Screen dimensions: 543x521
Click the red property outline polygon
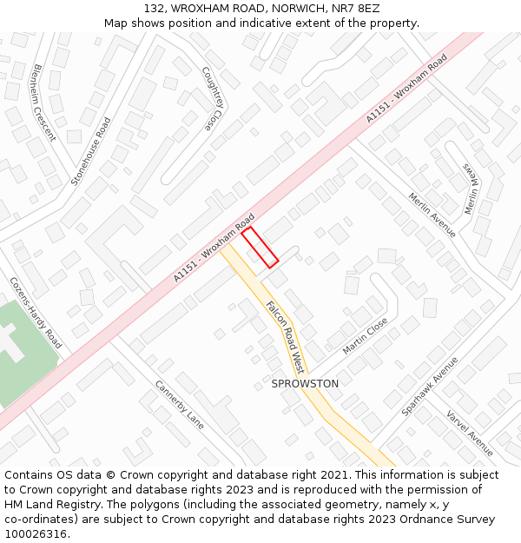(260, 248)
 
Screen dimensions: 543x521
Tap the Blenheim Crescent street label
(43, 102)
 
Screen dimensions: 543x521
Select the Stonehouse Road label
(91, 151)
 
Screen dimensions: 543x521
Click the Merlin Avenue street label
(432, 215)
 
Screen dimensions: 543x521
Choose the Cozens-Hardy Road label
(36, 313)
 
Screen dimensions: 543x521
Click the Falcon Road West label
(284, 332)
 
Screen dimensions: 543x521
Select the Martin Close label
(365, 335)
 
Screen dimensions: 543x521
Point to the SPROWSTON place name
(305, 383)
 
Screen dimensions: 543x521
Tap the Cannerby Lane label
(180, 405)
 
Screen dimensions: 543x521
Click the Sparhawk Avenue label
(429, 385)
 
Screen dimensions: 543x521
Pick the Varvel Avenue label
(470, 433)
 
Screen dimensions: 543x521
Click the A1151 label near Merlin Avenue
(406, 88)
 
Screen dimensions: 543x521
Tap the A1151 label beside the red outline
(214, 248)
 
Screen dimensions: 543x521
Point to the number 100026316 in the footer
(36, 533)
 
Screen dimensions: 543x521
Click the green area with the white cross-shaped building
(22, 352)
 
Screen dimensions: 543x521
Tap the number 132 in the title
(154, 8)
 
